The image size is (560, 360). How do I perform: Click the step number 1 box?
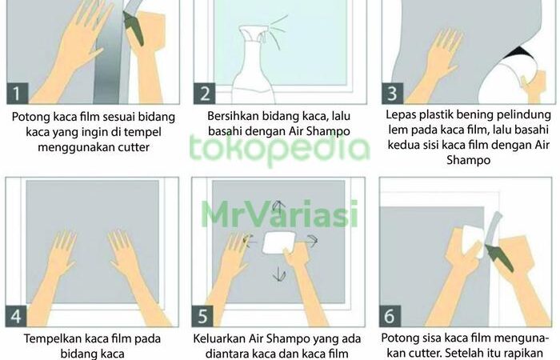click(x=18, y=94)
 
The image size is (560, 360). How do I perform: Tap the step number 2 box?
click(x=205, y=94)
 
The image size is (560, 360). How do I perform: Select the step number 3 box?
click(x=393, y=94)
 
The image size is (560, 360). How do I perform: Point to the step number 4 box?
click(x=16, y=316)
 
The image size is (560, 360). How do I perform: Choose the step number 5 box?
click(x=202, y=316)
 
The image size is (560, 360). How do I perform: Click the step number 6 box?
click(x=390, y=316)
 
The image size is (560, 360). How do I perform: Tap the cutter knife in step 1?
click(x=134, y=29)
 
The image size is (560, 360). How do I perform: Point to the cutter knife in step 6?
click(x=498, y=256)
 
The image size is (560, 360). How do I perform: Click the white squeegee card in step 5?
click(x=279, y=243)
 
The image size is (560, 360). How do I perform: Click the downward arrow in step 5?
click(x=279, y=273)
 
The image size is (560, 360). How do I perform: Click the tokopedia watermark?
click(x=279, y=150)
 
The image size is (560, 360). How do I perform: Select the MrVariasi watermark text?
click(x=279, y=214)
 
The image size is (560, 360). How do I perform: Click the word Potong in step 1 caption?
click(x=31, y=118)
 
